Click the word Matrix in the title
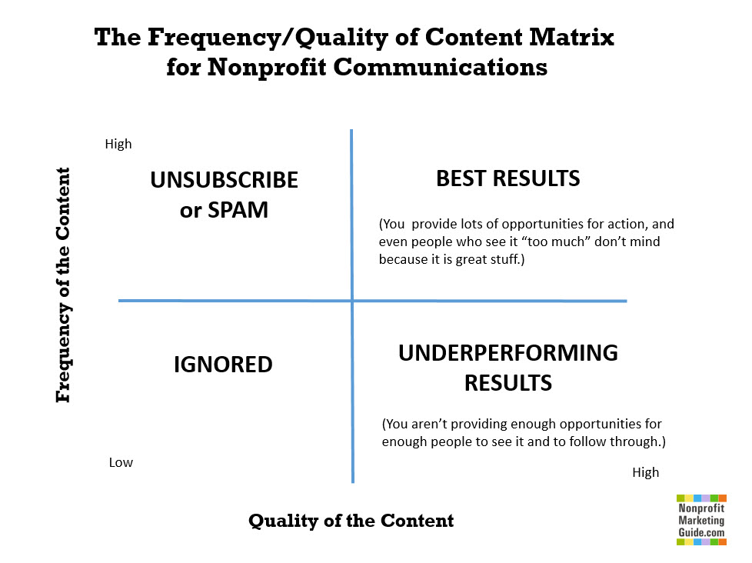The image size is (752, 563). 571,37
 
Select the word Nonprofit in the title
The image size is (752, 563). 267,67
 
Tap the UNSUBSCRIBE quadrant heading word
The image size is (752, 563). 224,180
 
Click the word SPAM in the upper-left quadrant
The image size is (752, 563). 238,210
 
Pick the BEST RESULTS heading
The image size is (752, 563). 508,178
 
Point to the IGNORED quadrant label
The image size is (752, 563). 223,365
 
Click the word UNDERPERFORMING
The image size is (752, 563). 508,353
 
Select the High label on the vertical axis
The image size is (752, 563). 118,144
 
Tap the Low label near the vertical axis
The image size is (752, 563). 121,462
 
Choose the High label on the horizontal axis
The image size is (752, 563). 646,472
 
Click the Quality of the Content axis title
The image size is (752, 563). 351,521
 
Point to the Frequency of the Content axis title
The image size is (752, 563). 63,285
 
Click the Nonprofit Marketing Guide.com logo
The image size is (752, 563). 701,520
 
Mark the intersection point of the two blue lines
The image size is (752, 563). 352,301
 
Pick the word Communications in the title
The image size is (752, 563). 441,67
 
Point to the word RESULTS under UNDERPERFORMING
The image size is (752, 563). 508,383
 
